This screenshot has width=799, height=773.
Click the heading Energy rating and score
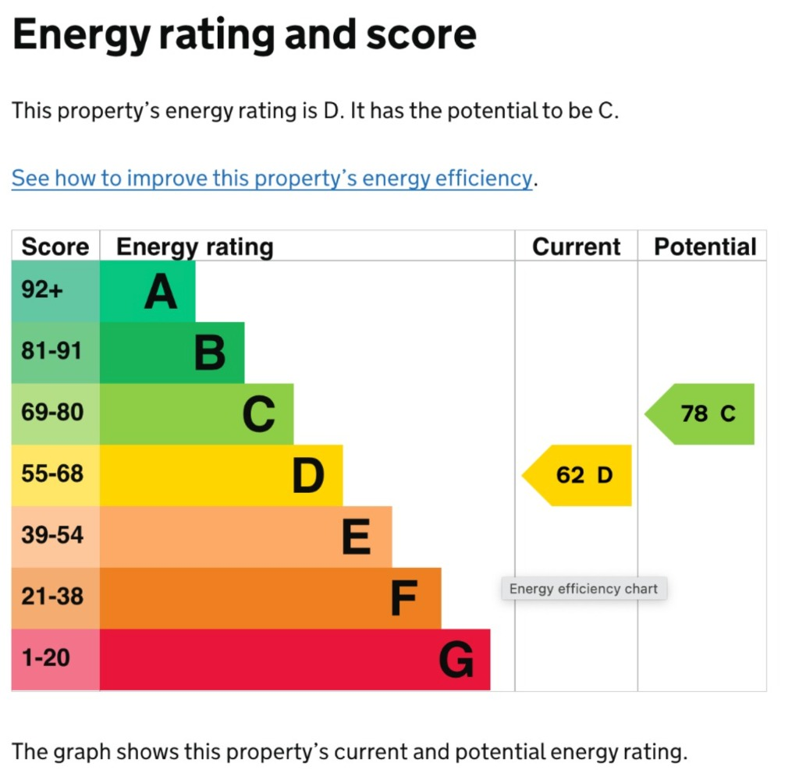(x=244, y=35)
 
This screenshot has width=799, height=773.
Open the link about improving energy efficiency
(x=272, y=179)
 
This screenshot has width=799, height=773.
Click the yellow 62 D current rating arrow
(x=578, y=475)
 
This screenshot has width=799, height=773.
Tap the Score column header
(x=55, y=246)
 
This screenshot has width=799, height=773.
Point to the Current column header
(x=576, y=246)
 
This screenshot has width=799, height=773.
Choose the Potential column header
(x=705, y=246)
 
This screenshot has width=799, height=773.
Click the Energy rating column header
(x=195, y=246)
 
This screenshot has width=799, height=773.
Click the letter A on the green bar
(x=161, y=293)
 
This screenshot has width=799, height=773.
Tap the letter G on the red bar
(x=456, y=661)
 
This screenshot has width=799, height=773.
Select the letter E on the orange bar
(x=357, y=538)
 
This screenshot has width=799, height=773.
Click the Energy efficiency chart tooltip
(x=584, y=589)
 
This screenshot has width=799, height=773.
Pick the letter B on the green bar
(x=210, y=353)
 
